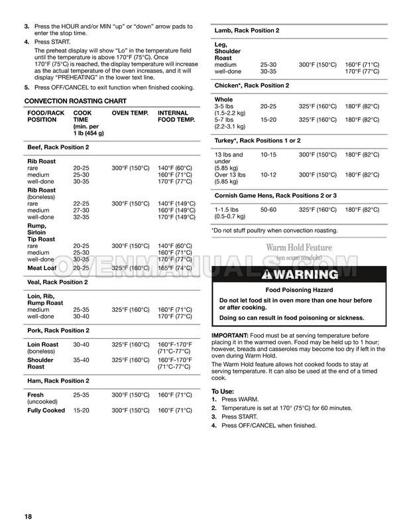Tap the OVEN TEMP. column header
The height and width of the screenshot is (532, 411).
coord(129,113)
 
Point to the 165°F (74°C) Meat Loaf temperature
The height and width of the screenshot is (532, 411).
coord(175,268)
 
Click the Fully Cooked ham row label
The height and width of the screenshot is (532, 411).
coord(46,411)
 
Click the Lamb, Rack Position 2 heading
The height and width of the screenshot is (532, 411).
coord(247,31)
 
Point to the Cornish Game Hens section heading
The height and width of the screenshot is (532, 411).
coord(276,195)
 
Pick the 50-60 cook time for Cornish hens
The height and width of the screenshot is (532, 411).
coord(268,210)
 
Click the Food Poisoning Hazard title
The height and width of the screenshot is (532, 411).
coord(295,290)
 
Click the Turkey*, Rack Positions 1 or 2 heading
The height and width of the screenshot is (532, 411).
coord(257,140)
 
